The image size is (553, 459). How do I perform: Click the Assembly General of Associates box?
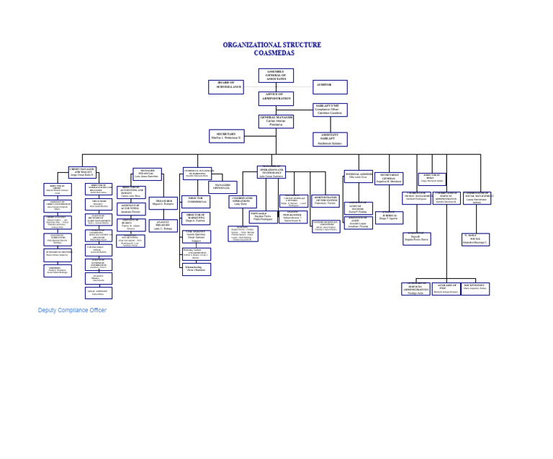(x=276, y=76)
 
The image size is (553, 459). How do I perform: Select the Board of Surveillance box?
(x=226, y=86)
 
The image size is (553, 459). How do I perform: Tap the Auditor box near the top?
(x=330, y=86)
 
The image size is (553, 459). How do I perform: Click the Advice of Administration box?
(x=276, y=98)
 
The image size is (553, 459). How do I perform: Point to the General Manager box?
(x=276, y=121)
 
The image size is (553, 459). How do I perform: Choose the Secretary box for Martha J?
(x=227, y=136)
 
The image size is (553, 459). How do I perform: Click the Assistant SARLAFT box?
(x=330, y=139)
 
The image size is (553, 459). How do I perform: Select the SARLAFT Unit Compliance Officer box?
(x=330, y=110)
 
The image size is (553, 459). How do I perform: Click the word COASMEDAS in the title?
(x=272, y=53)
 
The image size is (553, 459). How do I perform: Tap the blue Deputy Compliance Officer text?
(x=72, y=310)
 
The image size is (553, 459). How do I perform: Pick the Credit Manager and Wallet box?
(x=83, y=172)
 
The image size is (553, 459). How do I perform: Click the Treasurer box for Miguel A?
(x=163, y=202)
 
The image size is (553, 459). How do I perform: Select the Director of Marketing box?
(x=195, y=218)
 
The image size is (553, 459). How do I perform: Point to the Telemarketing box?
(x=196, y=269)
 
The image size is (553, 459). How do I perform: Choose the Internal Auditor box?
(x=358, y=176)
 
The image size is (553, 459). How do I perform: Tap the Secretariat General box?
(x=389, y=178)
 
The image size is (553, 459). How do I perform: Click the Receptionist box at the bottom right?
(x=475, y=288)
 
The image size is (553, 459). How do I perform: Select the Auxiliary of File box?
(x=446, y=289)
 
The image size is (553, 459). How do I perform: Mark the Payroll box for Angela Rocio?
(x=416, y=239)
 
